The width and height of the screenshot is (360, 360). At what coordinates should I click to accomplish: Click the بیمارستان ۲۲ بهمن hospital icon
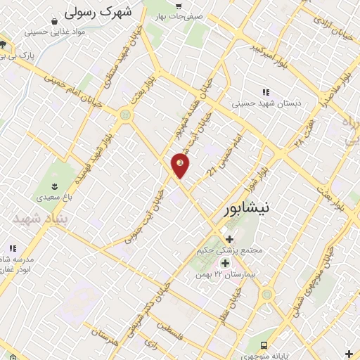click(x=226, y=263)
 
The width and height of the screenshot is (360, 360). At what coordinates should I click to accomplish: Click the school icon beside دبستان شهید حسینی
click(x=266, y=92)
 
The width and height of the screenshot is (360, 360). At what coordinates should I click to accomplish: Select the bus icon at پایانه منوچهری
click(x=264, y=345)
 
